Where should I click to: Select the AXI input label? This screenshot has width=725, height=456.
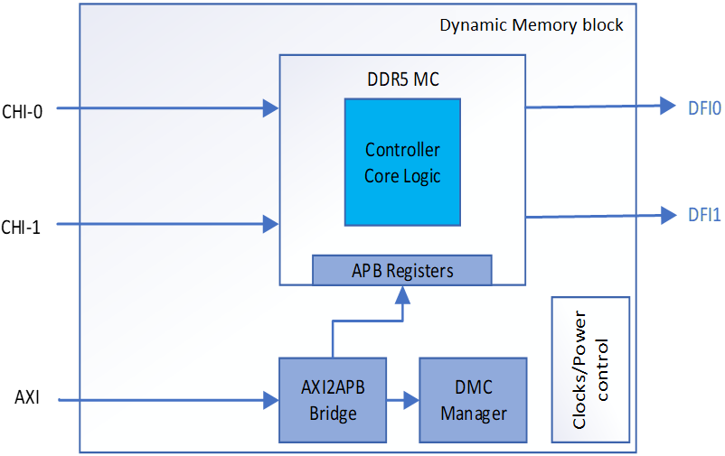pyautogui.click(x=27, y=398)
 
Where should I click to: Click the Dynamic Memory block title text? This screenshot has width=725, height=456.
pyautogui.click(x=531, y=25)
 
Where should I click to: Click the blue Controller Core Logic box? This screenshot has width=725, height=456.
pyautogui.click(x=402, y=162)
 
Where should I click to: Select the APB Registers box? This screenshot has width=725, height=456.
pyautogui.click(x=402, y=270)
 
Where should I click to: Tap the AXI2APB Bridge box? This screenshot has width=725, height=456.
pyautogui.click(x=333, y=399)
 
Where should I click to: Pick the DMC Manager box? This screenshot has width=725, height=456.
pyautogui.click(x=472, y=399)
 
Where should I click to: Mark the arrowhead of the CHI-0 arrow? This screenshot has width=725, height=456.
pyautogui.click(x=271, y=109)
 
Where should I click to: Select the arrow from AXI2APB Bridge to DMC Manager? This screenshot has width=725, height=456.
pyautogui.click(x=403, y=399)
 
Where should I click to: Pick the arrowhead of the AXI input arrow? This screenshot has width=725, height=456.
pyautogui.click(x=271, y=399)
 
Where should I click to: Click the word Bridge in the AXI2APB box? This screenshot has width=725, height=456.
pyautogui.click(x=333, y=414)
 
